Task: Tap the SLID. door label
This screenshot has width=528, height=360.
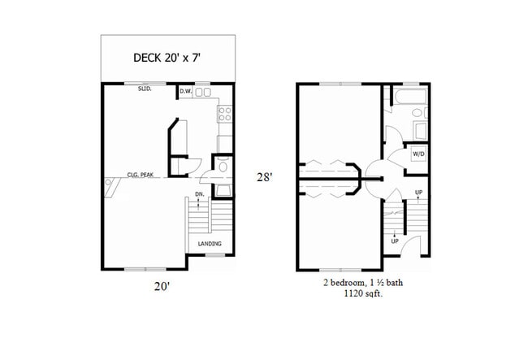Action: click(145, 91)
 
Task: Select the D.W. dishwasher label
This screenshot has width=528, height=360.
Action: click(185, 92)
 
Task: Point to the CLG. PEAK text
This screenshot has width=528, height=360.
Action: click(141, 175)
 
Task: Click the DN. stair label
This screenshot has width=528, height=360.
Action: click(200, 194)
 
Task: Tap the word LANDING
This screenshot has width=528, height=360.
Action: click(210, 244)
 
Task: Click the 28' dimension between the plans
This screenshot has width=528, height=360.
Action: click(264, 176)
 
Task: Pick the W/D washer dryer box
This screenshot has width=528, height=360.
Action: click(419, 153)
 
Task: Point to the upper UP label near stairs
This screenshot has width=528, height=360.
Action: click(418, 193)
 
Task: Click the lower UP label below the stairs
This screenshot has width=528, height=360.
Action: click(394, 241)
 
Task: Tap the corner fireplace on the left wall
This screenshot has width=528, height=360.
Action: click(110, 189)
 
